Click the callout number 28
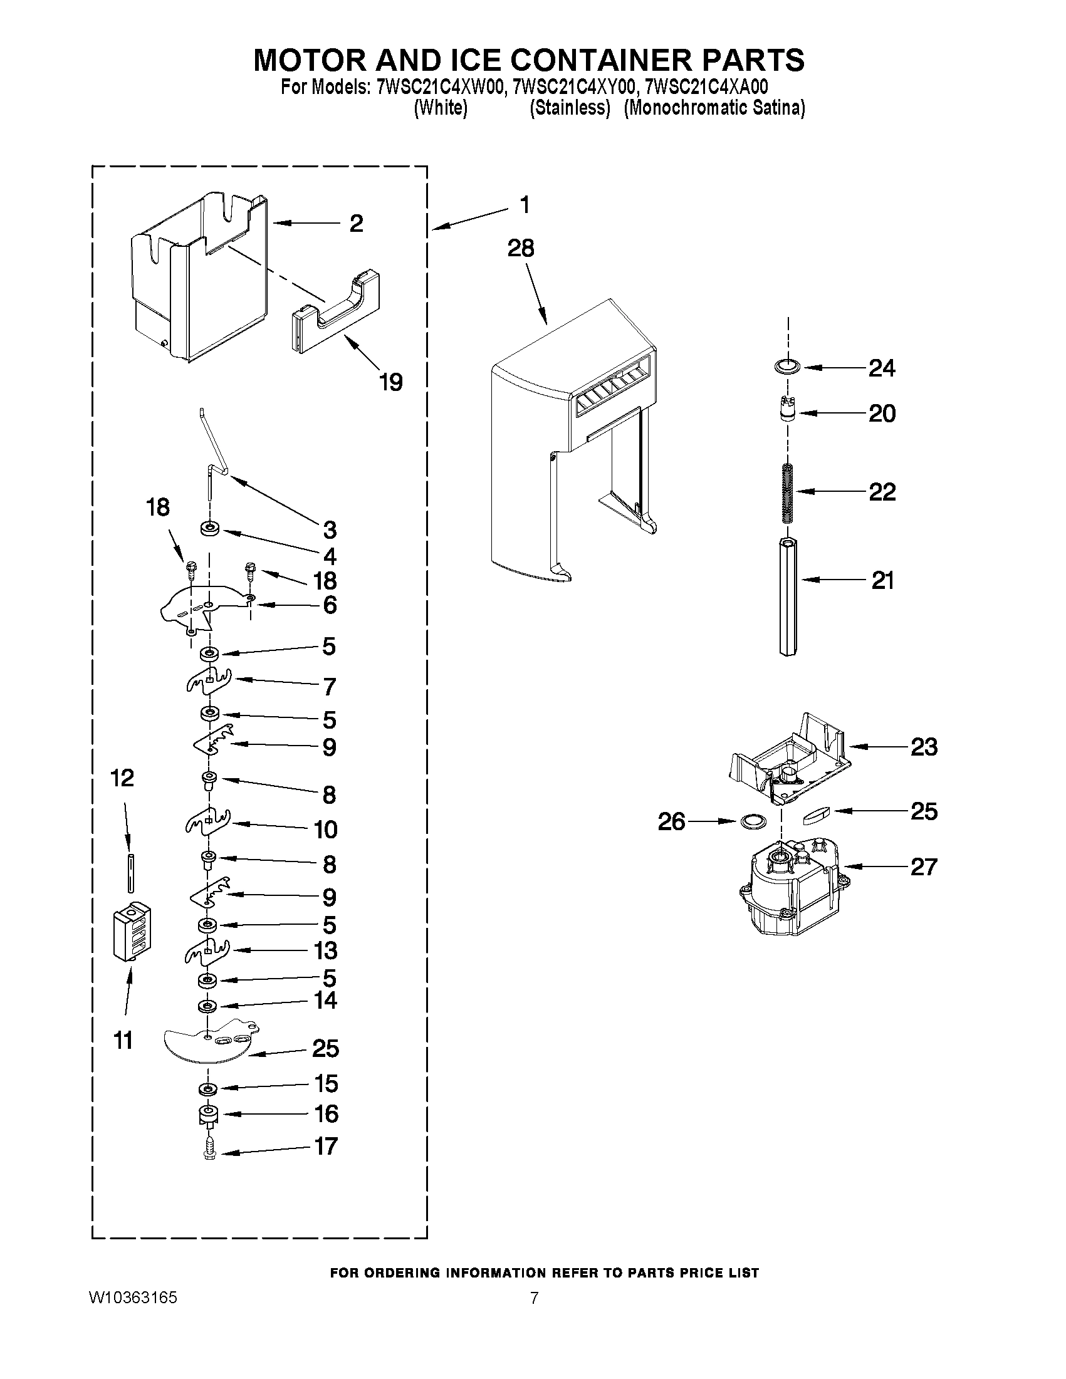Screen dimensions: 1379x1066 521,249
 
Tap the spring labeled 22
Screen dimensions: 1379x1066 786,492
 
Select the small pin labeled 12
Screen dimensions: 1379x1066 130,872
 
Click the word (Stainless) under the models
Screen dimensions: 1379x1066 570,108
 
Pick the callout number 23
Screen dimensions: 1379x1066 924,747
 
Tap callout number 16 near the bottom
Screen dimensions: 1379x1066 327,1114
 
